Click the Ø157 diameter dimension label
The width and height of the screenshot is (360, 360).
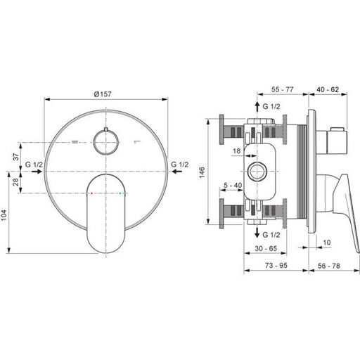103,94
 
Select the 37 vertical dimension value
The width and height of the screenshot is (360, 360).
16,157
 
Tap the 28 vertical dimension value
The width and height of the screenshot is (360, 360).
16,182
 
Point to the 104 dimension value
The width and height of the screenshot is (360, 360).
4,215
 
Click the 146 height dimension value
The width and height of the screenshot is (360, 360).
202,172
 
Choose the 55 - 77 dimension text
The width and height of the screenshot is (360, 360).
282,89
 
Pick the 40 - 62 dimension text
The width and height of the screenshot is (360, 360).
328,89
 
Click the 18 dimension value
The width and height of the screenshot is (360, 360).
237,151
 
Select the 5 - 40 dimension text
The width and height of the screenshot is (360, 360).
233,186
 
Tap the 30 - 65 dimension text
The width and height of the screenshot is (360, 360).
266,248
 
